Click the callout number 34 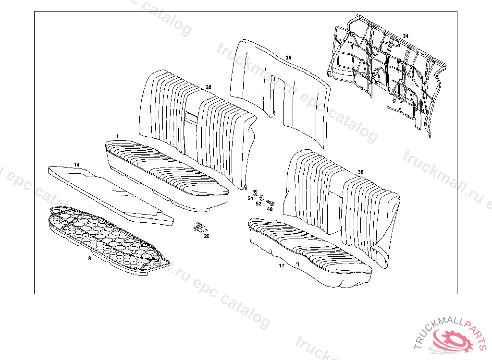tap(406, 36)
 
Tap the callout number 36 tap(288, 58)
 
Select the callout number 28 tap(208, 87)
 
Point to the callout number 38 tap(360, 172)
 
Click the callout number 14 tap(76, 165)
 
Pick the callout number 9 tap(89, 258)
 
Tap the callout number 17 tap(282, 265)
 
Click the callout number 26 tap(206, 236)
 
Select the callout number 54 tap(250, 198)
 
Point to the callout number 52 tap(258, 204)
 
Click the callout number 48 tap(270, 209)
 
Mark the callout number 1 tap(117, 137)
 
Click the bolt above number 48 tap(270, 203)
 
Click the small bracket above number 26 tap(198, 227)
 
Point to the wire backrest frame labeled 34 tap(384, 72)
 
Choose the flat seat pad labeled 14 tap(111, 192)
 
